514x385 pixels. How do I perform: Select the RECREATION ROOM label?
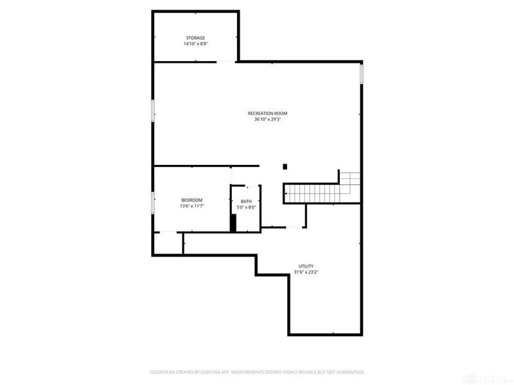pyautogui.click(x=267, y=114)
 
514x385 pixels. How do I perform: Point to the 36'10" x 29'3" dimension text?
pyautogui.click(x=267, y=119)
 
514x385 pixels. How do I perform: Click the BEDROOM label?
pyautogui.click(x=191, y=200)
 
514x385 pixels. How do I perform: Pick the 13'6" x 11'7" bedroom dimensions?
pyautogui.click(x=191, y=206)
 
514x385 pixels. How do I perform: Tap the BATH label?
pyautogui.click(x=247, y=201)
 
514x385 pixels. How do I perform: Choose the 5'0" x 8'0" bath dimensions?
pyautogui.click(x=247, y=207)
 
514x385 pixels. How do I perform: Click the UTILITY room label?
pyautogui.click(x=306, y=266)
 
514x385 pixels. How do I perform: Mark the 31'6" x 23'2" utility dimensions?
pyautogui.click(x=306, y=272)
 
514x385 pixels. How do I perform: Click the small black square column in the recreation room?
pyautogui.click(x=285, y=167)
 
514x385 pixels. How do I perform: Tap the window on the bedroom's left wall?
pyautogui.click(x=152, y=203)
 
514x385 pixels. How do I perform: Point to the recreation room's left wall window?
pyautogui.click(x=152, y=110)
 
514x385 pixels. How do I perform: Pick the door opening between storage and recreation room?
pyautogui.click(x=227, y=62)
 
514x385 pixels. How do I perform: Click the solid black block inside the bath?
pyautogui.click(x=234, y=222)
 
